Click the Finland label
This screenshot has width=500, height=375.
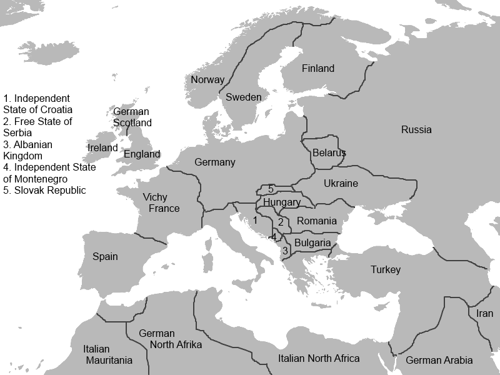(317, 68)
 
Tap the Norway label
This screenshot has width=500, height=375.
(207, 80)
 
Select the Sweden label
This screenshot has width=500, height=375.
(243, 97)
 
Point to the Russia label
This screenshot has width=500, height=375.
(416, 130)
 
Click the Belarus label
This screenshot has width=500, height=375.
(329, 152)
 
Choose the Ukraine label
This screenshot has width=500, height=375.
(341, 183)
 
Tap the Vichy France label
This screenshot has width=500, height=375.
(161, 203)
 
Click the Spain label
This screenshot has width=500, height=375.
(105, 256)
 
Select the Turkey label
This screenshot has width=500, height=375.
(385, 269)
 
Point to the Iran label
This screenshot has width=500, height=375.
(484, 313)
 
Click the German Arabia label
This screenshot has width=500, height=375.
(439, 360)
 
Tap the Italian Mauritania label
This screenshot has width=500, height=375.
(109, 354)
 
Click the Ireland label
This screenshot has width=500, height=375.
(102, 148)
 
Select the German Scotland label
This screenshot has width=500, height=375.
(131, 117)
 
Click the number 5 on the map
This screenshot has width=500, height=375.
(270, 189)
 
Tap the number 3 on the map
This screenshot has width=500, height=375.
(284, 251)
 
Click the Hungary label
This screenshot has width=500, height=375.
(281, 202)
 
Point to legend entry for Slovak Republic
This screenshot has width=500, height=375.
(44, 190)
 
